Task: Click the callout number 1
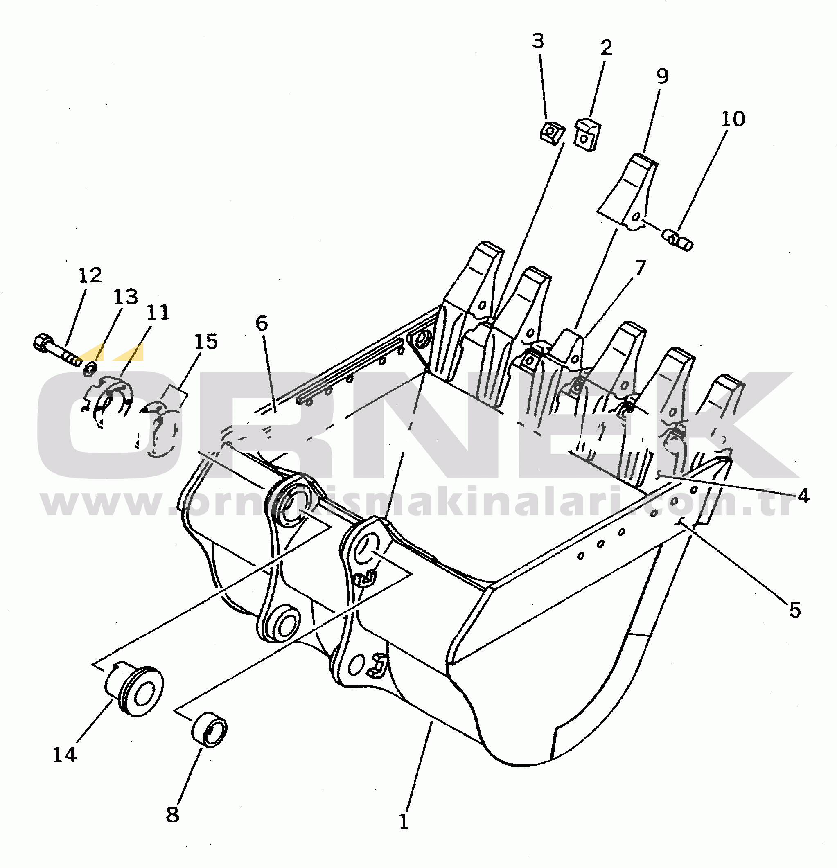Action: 404,822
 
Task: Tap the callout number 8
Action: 173,814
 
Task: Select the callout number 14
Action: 65,755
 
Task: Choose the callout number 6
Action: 262,324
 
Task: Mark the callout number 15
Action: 206,341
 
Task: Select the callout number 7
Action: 641,268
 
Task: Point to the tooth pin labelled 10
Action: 677,239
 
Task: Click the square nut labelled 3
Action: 552,132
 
